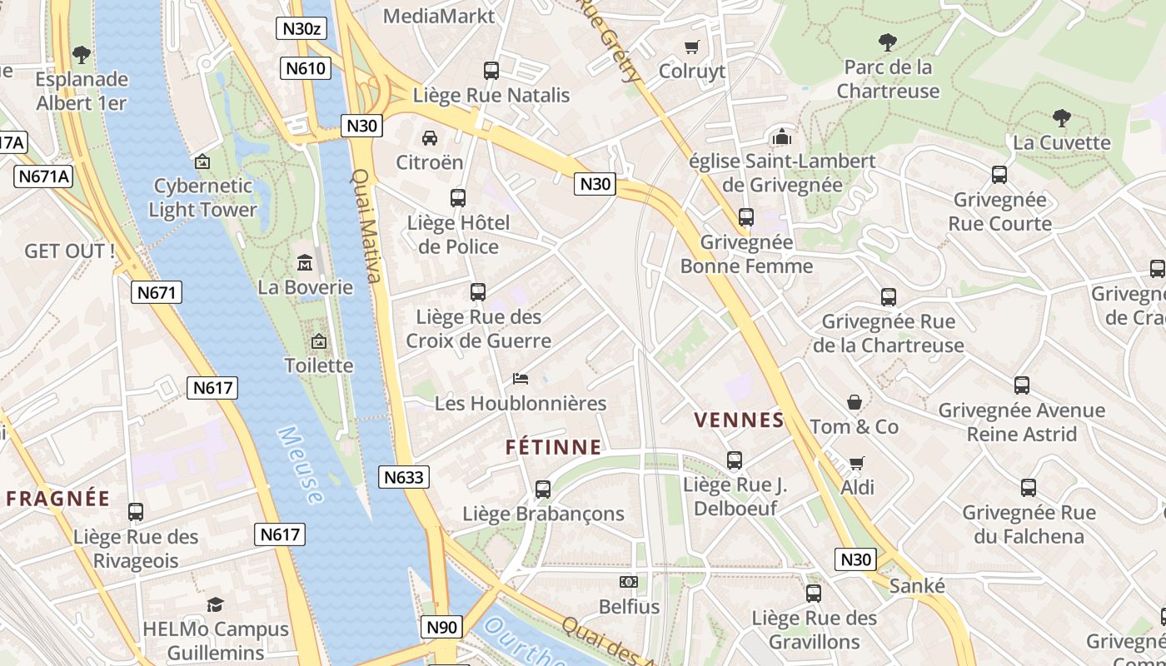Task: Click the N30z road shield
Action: tap(301, 28)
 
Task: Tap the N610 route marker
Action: tap(306, 68)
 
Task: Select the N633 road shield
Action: tap(404, 477)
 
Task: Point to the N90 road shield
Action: tap(441, 627)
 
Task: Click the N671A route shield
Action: tap(43, 176)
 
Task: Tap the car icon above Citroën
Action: tap(430, 137)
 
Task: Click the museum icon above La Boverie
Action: tap(305, 263)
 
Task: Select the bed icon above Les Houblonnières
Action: tap(521, 379)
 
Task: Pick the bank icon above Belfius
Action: tap(629, 582)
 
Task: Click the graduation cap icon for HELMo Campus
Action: tap(216, 604)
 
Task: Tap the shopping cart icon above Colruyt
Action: tap(691, 47)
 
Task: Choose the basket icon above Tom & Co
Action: tap(855, 402)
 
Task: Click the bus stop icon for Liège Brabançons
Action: tap(543, 490)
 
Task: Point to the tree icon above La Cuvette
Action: tap(1061, 117)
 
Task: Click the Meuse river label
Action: tap(300, 465)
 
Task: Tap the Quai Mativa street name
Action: tap(367, 226)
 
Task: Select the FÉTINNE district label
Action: tap(553, 447)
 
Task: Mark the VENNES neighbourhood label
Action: tap(740, 420)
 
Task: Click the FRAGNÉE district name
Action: tap(58, 499)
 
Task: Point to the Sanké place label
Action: tap(917, 586)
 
